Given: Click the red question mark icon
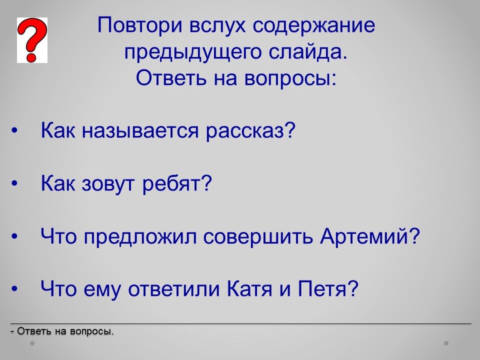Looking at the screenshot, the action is point(32,40).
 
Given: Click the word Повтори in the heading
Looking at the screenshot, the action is point(140,25).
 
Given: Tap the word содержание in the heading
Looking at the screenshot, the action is point(314,25).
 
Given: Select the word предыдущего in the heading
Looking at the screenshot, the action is point(193,52).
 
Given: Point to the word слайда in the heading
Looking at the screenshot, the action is point(306,51).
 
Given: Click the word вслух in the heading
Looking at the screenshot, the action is point(217,25).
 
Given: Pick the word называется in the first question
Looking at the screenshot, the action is point(140,130).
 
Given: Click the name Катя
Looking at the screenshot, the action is point(249,288).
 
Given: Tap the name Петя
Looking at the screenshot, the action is point(322,288).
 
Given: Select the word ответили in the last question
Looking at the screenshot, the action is point(174,289).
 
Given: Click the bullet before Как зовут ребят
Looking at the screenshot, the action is point(14,183).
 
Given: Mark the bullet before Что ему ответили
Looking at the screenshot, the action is point(14,288).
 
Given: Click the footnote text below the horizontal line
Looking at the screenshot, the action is point(62,331).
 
